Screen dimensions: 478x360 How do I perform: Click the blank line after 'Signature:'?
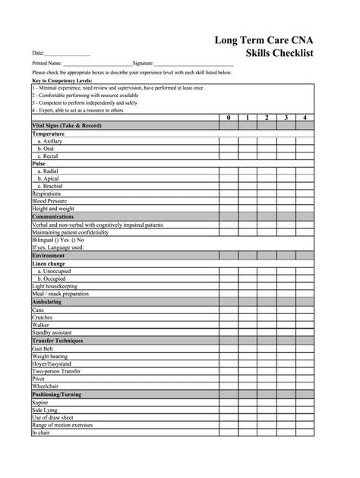pyautogui.click(x=194, y=64)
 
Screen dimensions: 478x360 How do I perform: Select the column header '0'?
pyautogui.click(x=228, y=118)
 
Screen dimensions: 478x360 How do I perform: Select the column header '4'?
pyautogui.click(x=305, y=118)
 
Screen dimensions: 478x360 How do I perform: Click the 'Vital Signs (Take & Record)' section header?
pyautogui.click(x=66, y=125)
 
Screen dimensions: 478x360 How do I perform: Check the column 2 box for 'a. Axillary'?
pyautogui.click(x=266, y=140)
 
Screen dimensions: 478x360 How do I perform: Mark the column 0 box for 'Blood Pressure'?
pyautogui.click(x=228, y=201)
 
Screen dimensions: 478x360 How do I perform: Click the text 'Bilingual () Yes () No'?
pyautogui.click(x=58, y=239)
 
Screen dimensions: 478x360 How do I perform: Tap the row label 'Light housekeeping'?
pyautogui.click(x=55, y=286)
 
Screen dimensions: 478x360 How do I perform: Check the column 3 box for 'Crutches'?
pyautogui.click(x=286, y=317)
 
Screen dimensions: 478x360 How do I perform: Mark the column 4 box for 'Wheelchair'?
pyautogui.click(x=305, y=386)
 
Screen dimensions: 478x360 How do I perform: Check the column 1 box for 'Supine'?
pyautogui.click(x=247, y=402)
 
